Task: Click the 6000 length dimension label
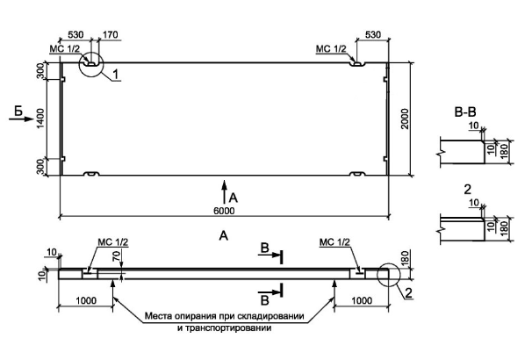tap(224, 211)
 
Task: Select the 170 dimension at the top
tap(110, 35)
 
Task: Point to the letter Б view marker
tap(19, 109)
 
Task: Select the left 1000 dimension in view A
tap(87, 299)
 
